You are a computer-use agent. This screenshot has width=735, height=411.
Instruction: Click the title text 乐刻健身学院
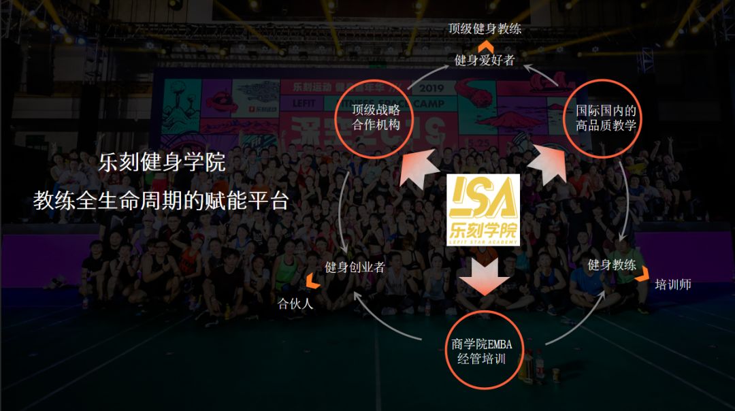pyautogui.click(x=162, y=163)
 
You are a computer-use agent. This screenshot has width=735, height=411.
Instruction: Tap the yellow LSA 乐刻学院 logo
pyautogui.click(x=484, y=210)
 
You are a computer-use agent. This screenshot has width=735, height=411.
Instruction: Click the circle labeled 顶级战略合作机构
pyautogui.click(x=376, y=117)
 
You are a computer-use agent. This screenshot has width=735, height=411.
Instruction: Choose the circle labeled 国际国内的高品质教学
pyautogui.click(x=606, y=117)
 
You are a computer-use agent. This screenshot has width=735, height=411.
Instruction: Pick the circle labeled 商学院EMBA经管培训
pyautogui.click(x=481, y=351)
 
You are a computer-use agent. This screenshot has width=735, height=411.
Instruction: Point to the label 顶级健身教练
pyautogui.click(x=485, y=29)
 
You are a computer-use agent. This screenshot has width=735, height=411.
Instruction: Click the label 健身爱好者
pyautogui.click(x=485, y=60)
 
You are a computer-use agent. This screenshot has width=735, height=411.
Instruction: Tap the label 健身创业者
pyautogui.click(x=355, y=267)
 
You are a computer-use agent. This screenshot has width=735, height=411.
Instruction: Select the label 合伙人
pyautogui.click(x=295, y=303)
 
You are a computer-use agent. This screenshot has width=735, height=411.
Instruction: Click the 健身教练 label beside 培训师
pyautogui.click(x=611, y=265)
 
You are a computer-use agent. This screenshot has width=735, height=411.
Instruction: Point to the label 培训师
pyautogui.click(x=672, y=284)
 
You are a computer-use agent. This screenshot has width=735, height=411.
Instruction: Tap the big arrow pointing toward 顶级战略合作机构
pyautogui.click(x=419, y=167)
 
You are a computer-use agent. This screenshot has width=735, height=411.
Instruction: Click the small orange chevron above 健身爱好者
pyautogui.click(x=485, y=46)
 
